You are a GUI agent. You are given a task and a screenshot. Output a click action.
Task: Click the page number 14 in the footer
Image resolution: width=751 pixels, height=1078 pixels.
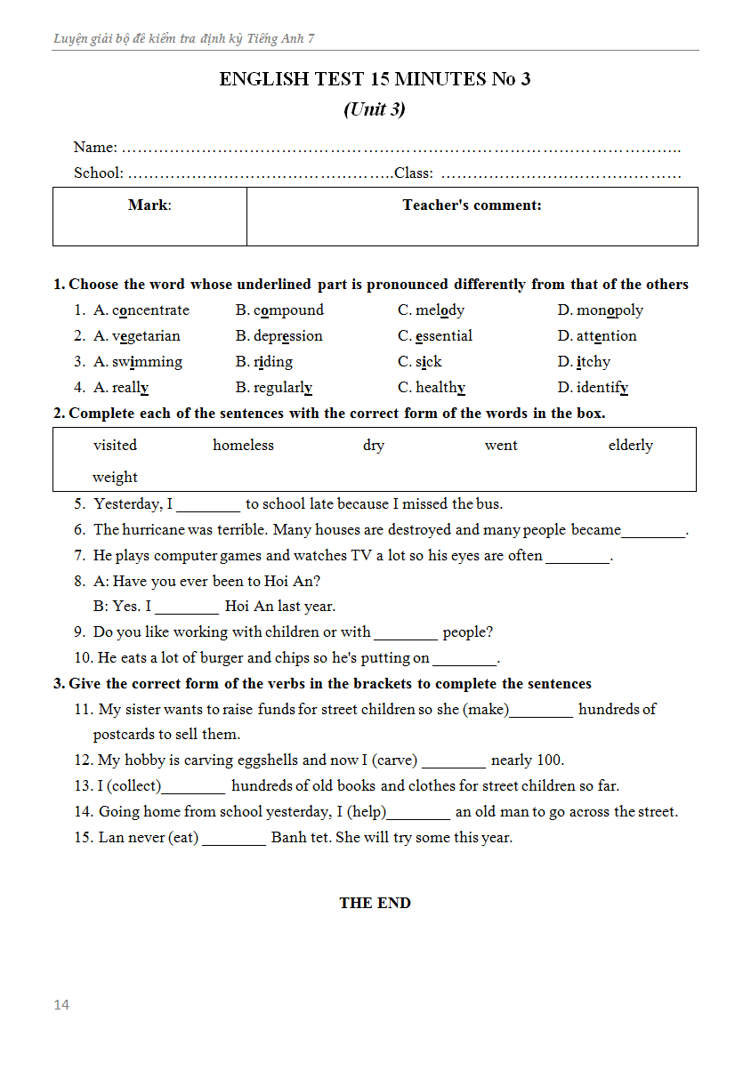click(61, 1005)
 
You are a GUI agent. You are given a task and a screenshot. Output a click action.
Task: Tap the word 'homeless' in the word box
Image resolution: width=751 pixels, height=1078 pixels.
click(243, 446)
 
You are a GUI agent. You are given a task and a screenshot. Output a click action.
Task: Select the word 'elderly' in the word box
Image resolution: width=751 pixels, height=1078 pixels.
click(630, 446)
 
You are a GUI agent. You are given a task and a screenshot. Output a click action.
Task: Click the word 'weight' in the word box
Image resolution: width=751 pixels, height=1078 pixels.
click(115, 478)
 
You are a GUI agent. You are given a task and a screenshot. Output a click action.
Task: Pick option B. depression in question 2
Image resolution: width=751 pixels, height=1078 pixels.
click(279, 336)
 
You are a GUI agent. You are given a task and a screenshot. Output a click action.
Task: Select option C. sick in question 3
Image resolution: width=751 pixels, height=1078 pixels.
click(420, 362)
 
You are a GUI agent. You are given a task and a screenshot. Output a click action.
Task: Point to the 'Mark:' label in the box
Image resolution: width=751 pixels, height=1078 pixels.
click(149, 205)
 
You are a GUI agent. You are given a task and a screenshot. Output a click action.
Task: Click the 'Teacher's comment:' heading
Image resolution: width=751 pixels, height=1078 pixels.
click(472, 205)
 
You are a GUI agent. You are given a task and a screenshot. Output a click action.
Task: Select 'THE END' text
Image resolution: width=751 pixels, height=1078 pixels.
click(375, 903)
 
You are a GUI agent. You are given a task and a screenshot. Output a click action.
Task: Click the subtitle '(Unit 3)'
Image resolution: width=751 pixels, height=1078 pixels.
click(375, 109)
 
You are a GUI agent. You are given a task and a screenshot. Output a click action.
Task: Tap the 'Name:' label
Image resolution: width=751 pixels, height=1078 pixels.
click(95, 148)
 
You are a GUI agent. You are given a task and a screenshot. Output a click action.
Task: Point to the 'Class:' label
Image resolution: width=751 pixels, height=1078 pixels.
click(414, 173)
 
